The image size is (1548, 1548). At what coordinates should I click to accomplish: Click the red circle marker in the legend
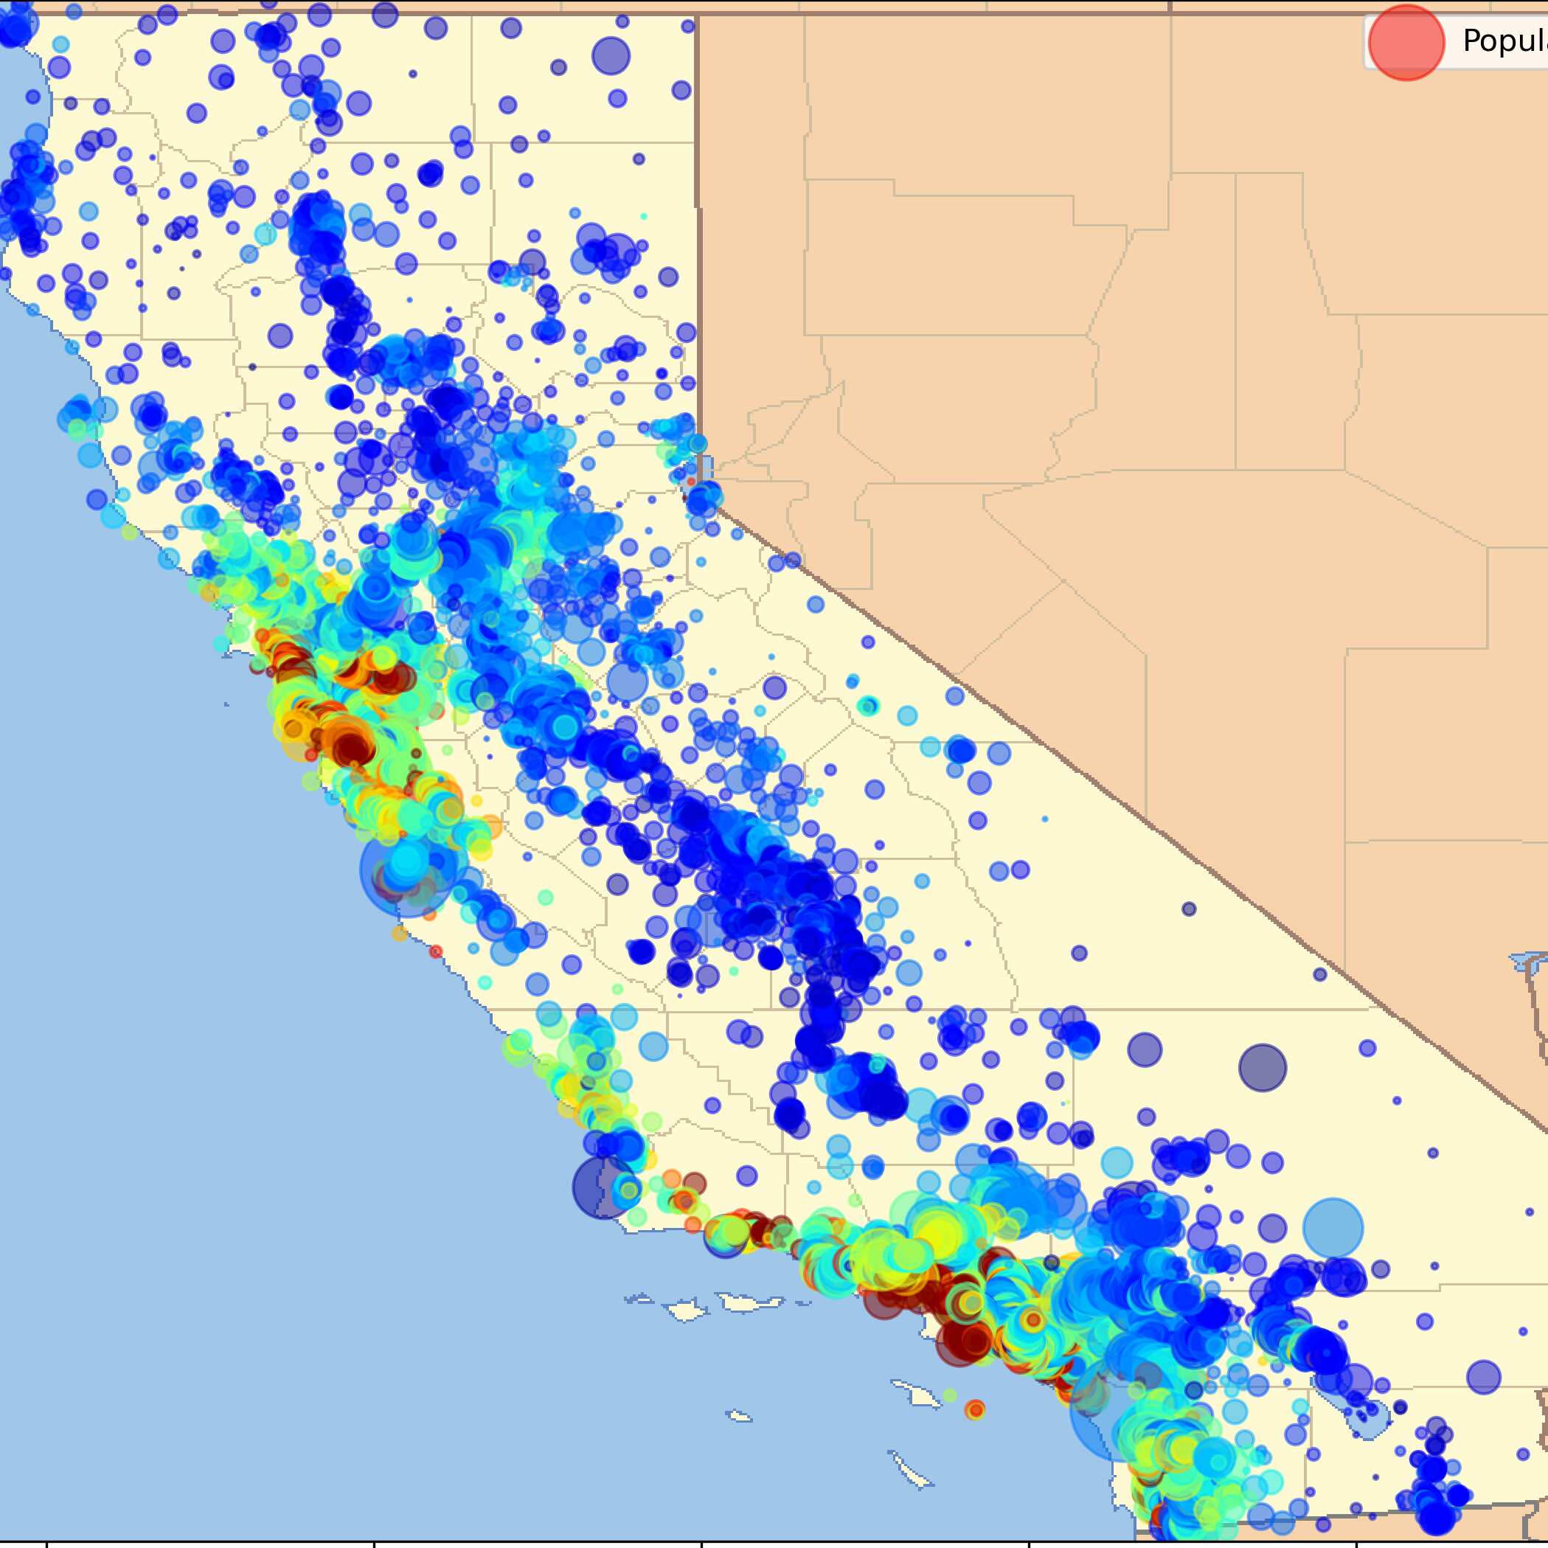tap(1406, 43)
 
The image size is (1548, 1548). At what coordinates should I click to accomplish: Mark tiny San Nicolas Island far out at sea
tap(740, 1417)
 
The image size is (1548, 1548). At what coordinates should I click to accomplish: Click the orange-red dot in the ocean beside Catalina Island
tap(975, 1409)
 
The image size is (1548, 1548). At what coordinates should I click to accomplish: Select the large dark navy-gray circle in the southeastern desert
tap(1262, 1067)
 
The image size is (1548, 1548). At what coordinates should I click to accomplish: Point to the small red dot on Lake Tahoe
tap(691, 482)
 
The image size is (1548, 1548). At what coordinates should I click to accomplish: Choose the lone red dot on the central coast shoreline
tap(435, 951)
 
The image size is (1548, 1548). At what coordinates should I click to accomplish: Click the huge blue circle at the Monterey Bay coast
tap(406, 871)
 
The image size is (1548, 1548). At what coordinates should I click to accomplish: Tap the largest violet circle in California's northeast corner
tap(611, 56)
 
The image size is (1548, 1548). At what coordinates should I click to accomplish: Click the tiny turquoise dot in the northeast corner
tap(643, 216)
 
